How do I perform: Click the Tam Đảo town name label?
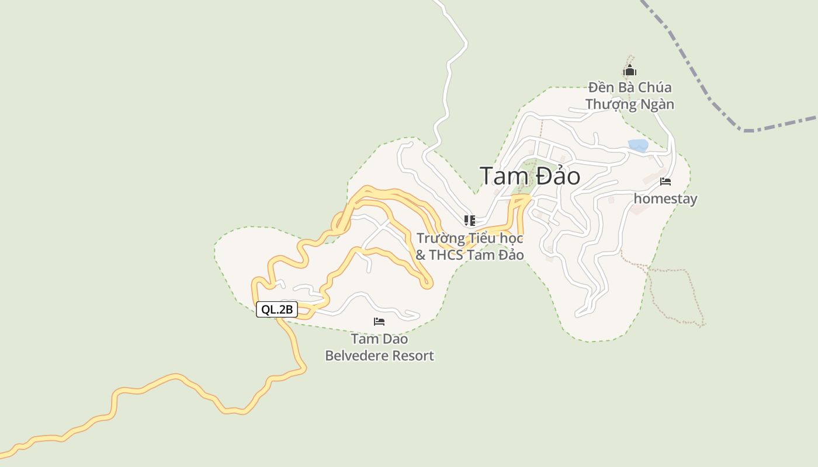[x=530, y=176]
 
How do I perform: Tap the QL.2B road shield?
[x=277, y=309]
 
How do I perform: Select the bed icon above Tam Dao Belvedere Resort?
[x=379, y=322]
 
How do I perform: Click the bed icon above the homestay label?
[x=665, y=182]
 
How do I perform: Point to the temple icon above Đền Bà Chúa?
[x=629, y=71]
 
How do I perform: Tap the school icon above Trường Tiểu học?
[x=469, y=220]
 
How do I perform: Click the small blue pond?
[x=638, y=145]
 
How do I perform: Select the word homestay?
[x=666, y=198]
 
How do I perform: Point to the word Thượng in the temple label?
[x=610, y=104]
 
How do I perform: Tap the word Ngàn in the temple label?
[x=656, y=104]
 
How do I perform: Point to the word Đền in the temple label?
[x=601, y=88]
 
